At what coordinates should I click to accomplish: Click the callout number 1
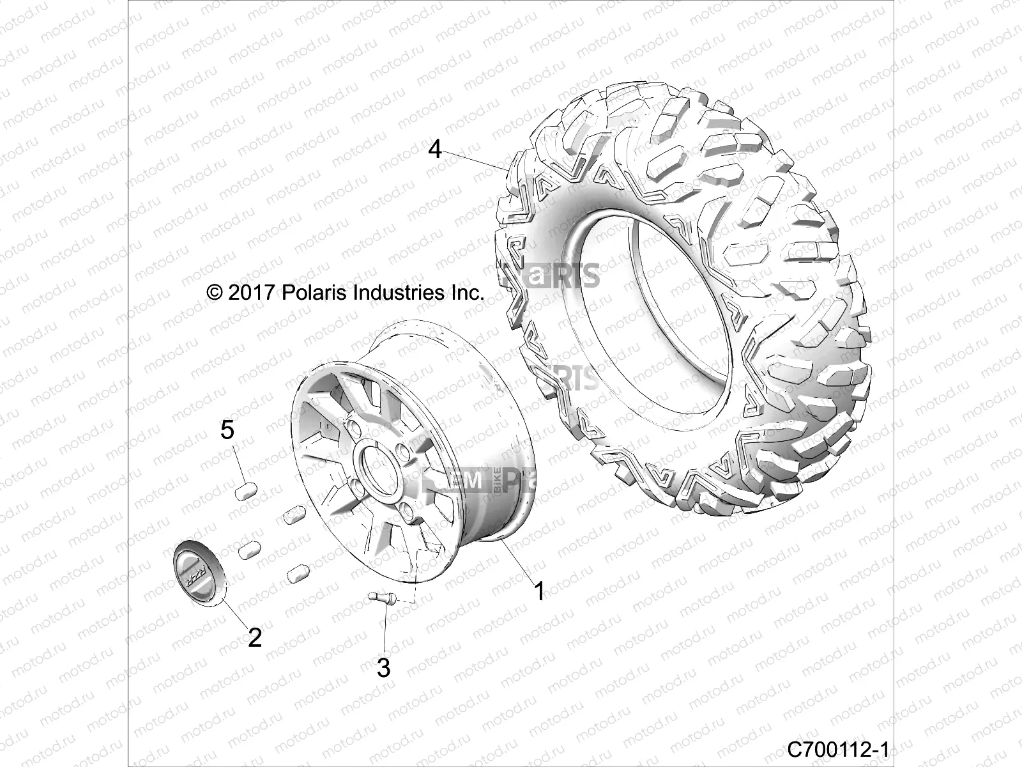tap(539, 591)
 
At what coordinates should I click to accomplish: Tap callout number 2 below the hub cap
tap(254, 637)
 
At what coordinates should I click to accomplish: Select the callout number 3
tap(383, 668)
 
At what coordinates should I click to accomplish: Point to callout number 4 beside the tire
tap(452, 150)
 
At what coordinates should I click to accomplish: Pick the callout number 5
tap(227, 430)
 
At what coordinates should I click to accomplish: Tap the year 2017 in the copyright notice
tap(251, 293)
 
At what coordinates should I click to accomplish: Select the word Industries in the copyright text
tap(407, 293)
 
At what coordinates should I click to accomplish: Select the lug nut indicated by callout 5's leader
tap(246, 491)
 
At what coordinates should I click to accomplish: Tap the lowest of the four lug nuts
tap(298, 573)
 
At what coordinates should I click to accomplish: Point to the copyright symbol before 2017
tap(215, 293)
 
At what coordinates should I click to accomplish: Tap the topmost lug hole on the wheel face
tap(370, 426)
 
